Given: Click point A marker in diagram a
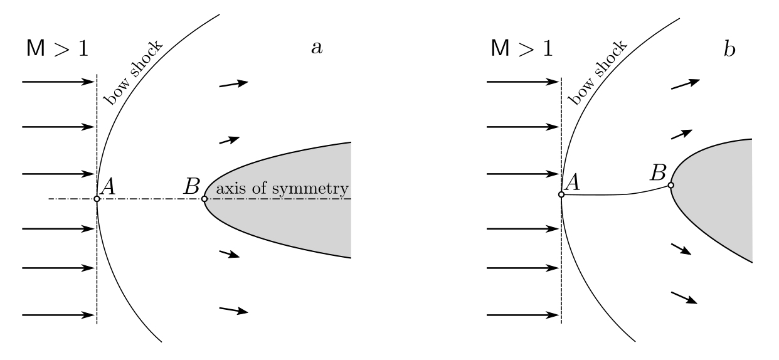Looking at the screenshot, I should pos(97,199).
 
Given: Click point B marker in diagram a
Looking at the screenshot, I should pos(204,199).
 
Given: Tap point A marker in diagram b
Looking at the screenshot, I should pos(561,194).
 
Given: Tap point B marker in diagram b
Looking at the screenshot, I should pos(670,185).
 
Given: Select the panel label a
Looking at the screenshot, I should pos(317,49).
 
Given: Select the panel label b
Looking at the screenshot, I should pos(729,49).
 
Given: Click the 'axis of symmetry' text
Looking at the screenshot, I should pos(282,189).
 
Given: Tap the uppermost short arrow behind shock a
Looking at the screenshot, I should pos(233,84).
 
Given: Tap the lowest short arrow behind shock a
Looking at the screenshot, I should pos(233,309).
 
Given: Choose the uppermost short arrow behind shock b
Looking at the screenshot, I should pos(685,84).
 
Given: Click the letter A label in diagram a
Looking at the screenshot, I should pos(107,185).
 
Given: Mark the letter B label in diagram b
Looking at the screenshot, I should pos(657,171).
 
